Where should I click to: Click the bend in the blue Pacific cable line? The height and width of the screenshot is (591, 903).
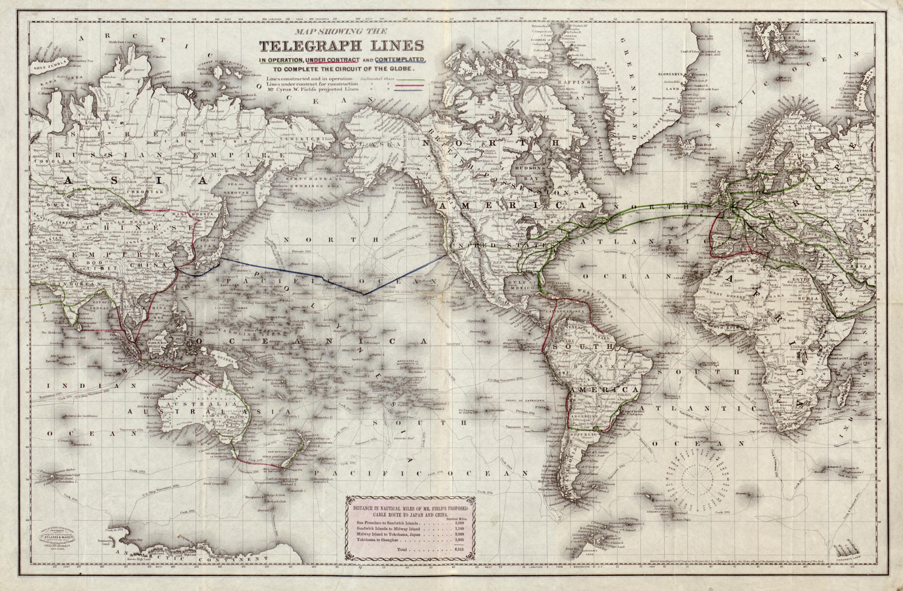(x=363, y=294)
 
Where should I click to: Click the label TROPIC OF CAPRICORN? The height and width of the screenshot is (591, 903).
(x=524, y=400)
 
